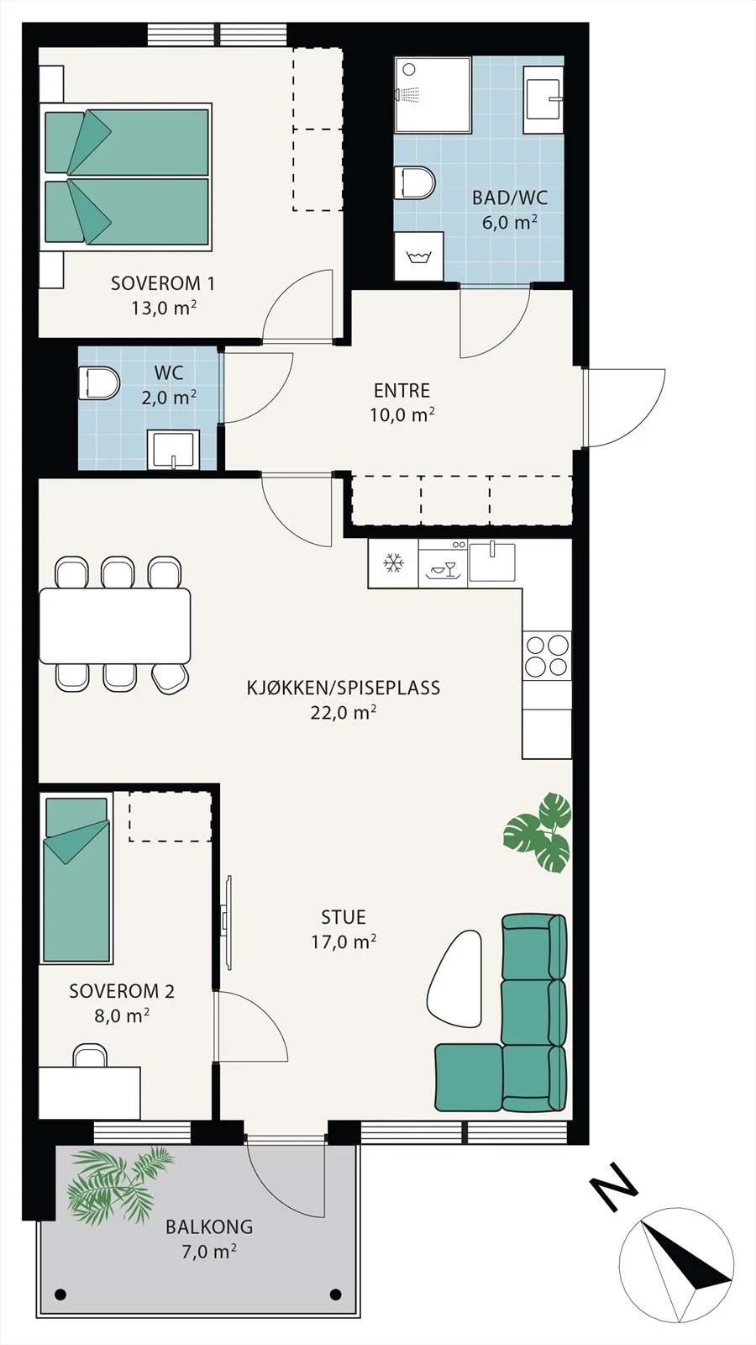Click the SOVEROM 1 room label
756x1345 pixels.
click(163, 283)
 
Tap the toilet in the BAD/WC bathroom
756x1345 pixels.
click(415, 183)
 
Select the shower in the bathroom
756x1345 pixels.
click(433, 95)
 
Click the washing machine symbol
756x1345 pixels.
click(419, 256)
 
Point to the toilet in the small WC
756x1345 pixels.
click(99, 383)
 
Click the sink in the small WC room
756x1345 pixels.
click(173, 450)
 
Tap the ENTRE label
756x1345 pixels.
click(402, 391)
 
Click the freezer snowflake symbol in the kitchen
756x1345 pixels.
click(394, 564)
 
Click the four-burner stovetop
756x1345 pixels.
click(547, 656)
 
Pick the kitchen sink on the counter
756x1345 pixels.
click(492, 562)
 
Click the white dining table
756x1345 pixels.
click(114, 626)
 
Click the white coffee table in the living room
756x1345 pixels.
click(454, 980)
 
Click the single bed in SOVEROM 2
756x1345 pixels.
click(76, 880)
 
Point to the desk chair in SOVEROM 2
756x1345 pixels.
click(90, 1056)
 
